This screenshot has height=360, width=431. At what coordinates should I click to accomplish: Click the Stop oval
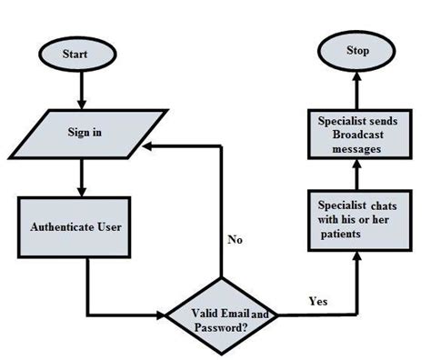(357, 50)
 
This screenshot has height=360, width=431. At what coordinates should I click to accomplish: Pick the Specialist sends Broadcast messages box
(356, 135)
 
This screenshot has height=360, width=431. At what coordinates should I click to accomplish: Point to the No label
(235, 242)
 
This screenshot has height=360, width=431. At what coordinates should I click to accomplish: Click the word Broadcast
(356, 135)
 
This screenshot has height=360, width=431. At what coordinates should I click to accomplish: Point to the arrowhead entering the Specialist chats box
(357, 257)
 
